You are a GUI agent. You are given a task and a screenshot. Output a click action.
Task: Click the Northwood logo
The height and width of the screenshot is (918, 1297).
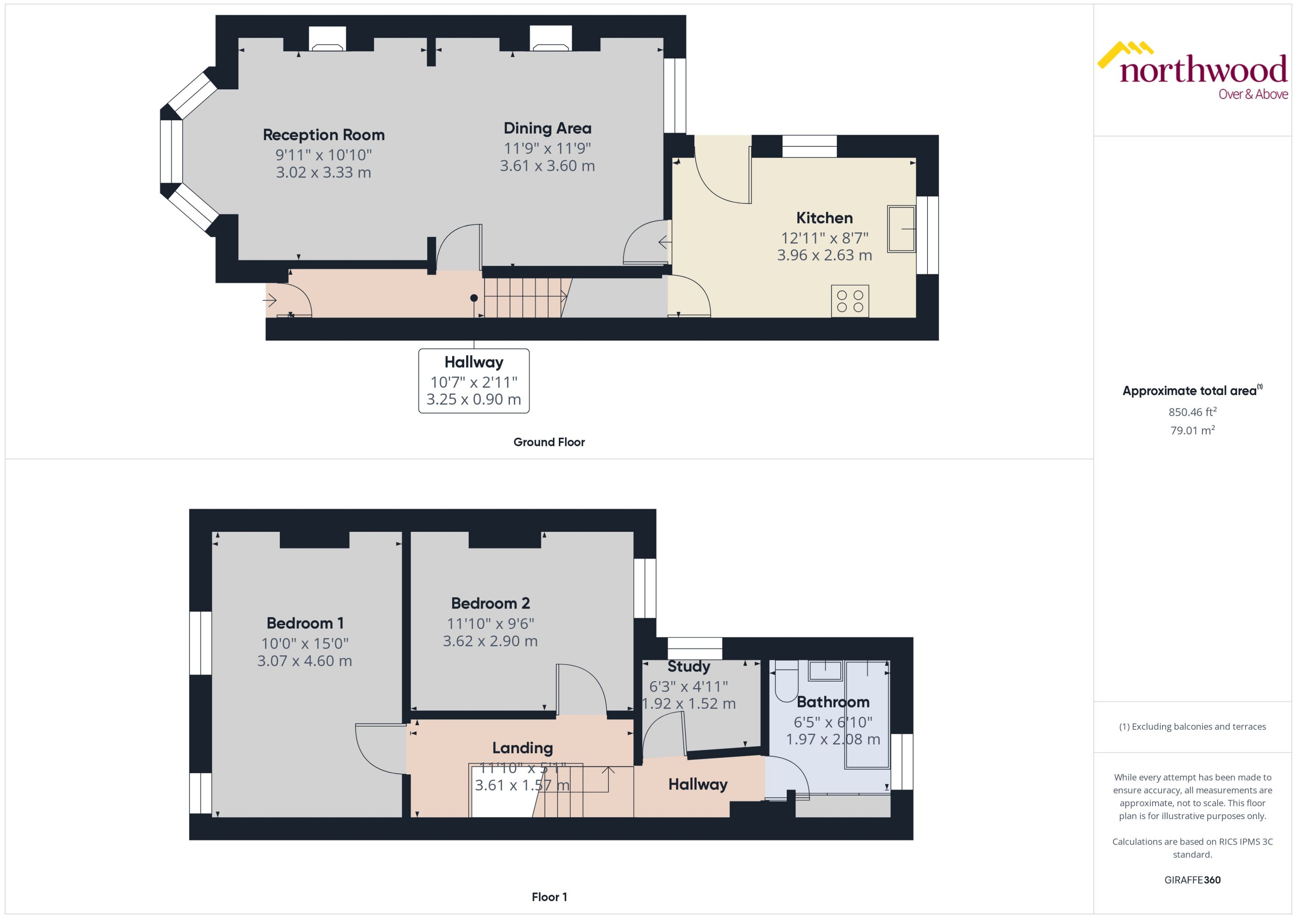(x=1192, y=71)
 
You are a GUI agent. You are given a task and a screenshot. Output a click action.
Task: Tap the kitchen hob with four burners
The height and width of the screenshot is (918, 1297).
(x=849, y=301)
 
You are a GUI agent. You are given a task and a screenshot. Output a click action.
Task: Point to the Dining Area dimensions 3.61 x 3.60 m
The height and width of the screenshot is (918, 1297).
(x=547, y=166)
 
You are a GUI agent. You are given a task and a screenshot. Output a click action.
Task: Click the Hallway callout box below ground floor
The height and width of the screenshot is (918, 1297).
(x=474, y=380)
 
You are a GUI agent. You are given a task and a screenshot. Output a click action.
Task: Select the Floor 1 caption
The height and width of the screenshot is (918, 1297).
(x=549, y=897)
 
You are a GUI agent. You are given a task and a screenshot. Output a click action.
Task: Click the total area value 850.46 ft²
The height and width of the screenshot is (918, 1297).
(x=1192, y=411)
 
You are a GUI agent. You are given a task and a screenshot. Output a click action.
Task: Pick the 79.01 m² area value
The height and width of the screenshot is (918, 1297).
(x=1192, y=430)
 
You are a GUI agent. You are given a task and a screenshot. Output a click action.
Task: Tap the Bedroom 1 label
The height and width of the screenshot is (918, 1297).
(x=305, y=623)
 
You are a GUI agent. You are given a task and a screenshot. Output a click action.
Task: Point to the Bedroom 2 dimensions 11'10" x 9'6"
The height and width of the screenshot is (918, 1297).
(x=490, y=623)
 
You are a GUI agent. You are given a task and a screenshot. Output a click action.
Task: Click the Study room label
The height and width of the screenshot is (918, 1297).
(x=689, y=666)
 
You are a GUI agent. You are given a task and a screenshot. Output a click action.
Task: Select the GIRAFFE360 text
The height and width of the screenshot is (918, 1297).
(x=1192, y=879)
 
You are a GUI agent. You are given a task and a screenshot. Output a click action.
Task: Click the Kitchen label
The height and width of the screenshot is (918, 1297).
(x=824, y=218)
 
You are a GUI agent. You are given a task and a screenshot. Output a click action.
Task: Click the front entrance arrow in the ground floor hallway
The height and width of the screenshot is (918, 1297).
(x=270, y=299)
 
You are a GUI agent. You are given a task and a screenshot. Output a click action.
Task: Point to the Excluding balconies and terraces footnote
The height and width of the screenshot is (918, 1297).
(x=1192, y=726)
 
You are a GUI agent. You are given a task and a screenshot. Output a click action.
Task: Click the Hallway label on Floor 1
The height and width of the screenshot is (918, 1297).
(x=697, y=784)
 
